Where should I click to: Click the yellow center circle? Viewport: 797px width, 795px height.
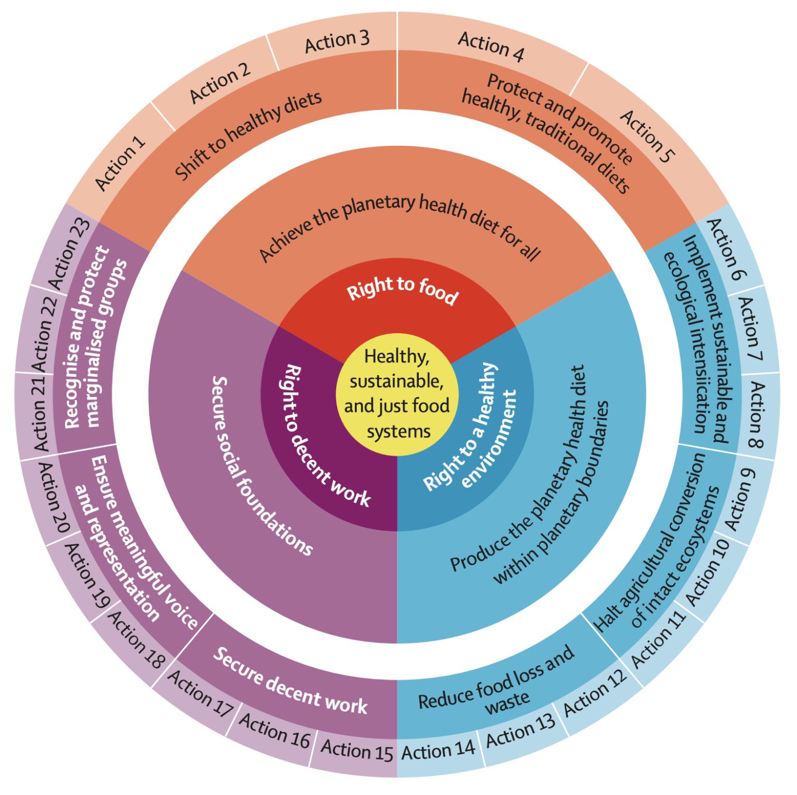[397, 394]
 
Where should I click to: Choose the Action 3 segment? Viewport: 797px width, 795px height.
[337, 41]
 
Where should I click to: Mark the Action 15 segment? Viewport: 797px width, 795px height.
[357, 750]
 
